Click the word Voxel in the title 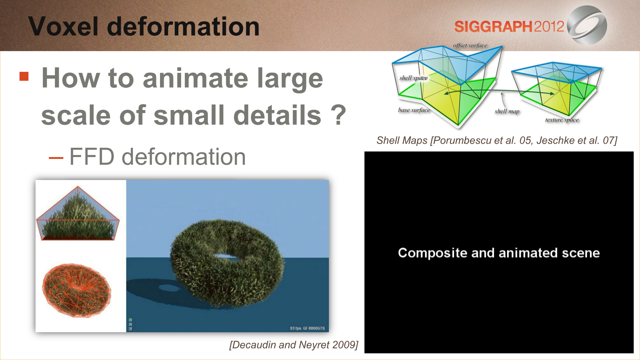click(63, 26)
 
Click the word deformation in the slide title click(183, 26)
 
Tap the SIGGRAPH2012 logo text click(509, 27)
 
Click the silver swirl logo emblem click(587, 25)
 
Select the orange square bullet click(24, 76)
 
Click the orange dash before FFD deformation click(56, 157)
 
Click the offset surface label click(470, 46)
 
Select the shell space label click(413, 78)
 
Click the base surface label click(414, 110)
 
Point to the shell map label click(507, 111)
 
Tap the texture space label click(562, 120)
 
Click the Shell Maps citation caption click(497, 140)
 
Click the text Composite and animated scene click(499, 253)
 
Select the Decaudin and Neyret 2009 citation click(294, 345)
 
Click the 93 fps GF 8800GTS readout click(307, 328)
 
